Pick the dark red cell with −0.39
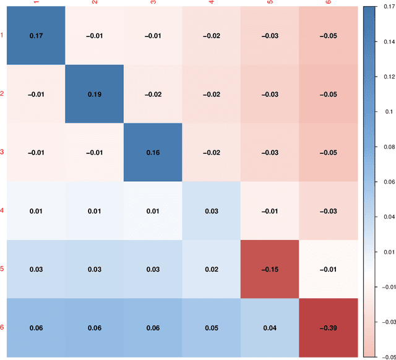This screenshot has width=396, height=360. click(328, 328)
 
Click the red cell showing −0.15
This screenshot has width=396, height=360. click(269, 269)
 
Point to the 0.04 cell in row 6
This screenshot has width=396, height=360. click(269, 328)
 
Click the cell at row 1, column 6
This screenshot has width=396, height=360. click(328, 35)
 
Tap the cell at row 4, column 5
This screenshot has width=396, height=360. click(269, 211)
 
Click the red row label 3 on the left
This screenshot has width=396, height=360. click(2, 152)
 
